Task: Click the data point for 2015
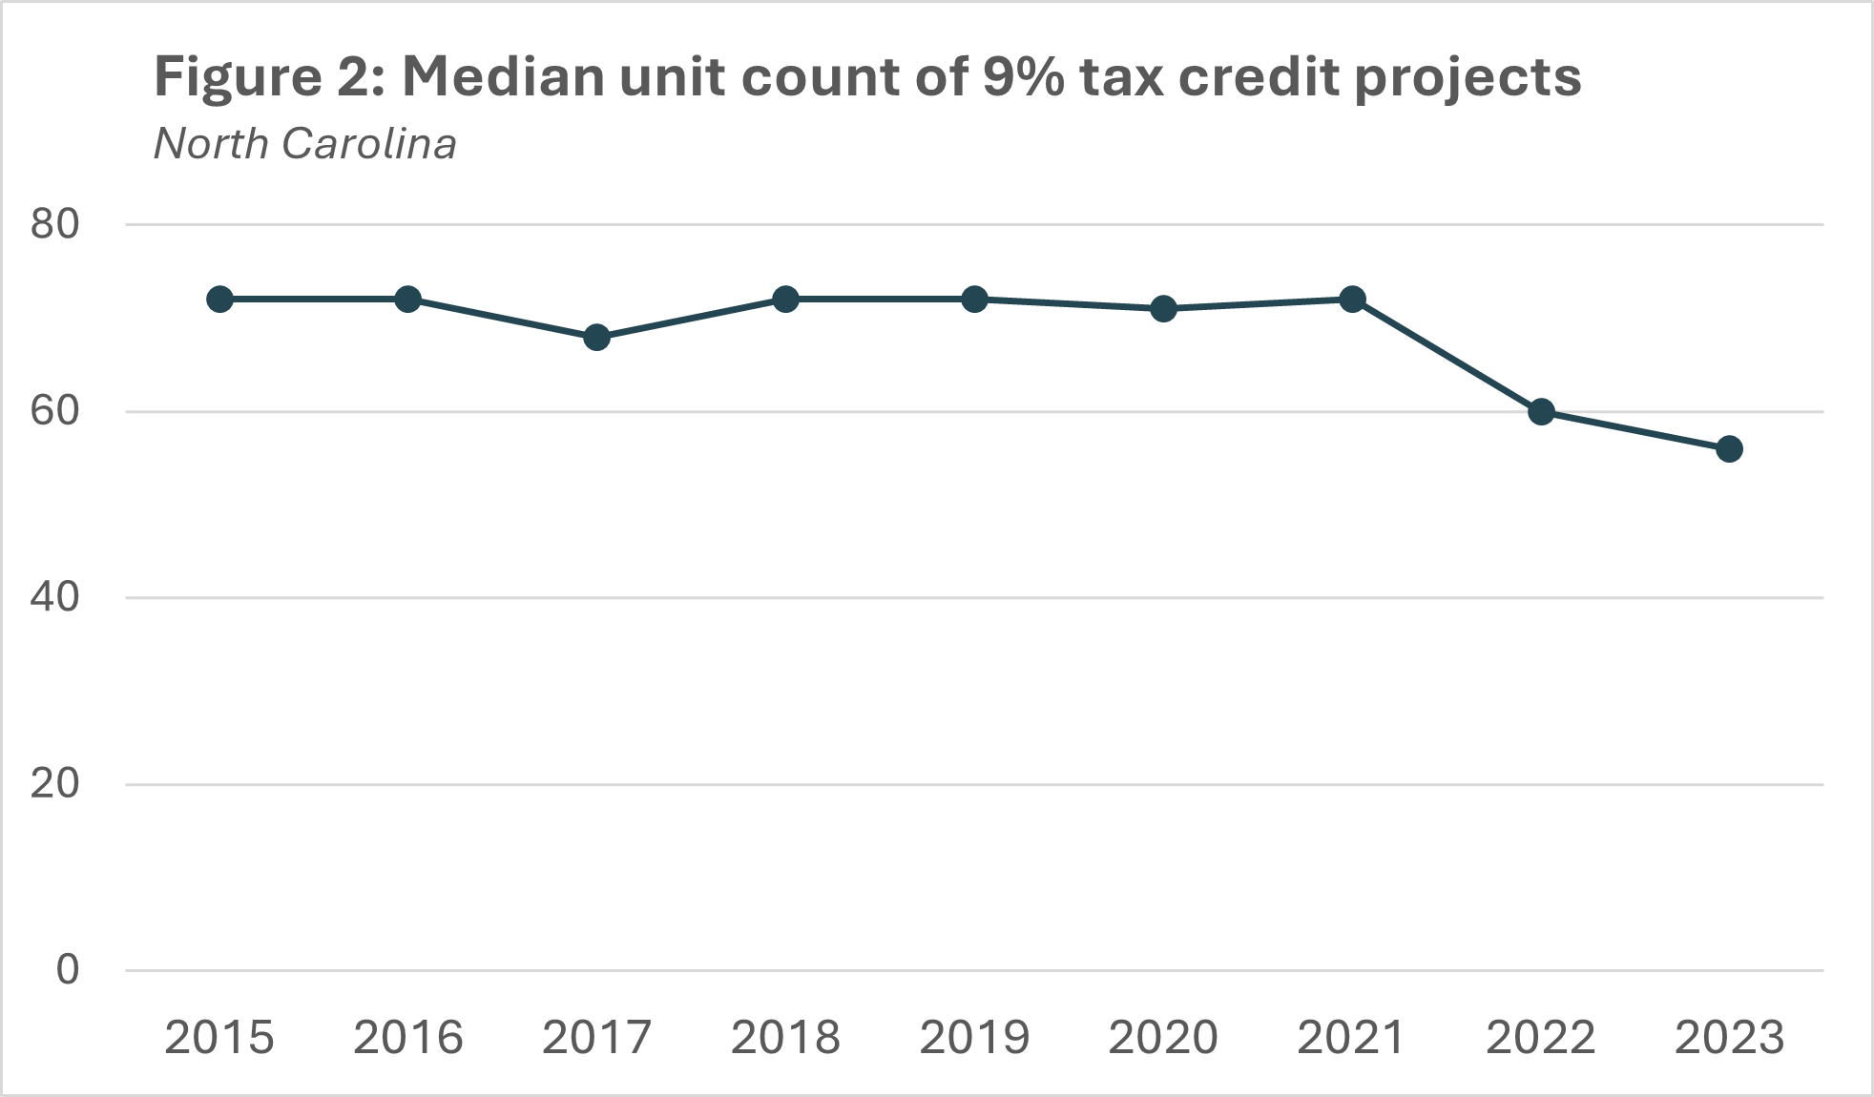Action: tap(219, 299)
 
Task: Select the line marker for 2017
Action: tap(596, 337)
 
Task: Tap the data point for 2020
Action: tap(1163, 308)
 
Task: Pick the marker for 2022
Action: tap(1541, 412)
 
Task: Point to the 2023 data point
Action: tap(1729, 449)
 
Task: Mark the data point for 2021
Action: tap(1352, 299)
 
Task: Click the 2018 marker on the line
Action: tap(785, 299)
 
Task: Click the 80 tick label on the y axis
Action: tap(54, 225)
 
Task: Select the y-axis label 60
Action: tap(54, 412)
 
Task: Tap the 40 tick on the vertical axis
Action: tap(54, 598)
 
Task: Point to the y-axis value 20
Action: tap(54, 784)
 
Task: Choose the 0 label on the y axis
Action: tap(68, 970)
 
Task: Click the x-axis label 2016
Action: tap(408, 1038)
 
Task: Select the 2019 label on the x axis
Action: tap(974, 1038)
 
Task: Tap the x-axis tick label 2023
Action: tap(1729, 1038)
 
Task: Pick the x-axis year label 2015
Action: tap(219, 1038)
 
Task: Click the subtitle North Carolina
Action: tap(305, 144)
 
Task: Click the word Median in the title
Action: tap(502, 76)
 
